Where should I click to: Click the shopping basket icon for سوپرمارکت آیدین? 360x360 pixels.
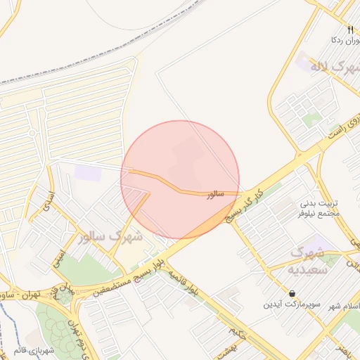292,292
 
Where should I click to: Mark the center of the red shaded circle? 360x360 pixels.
180,179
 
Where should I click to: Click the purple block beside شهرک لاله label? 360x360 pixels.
304,63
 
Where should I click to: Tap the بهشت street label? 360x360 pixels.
237,347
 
